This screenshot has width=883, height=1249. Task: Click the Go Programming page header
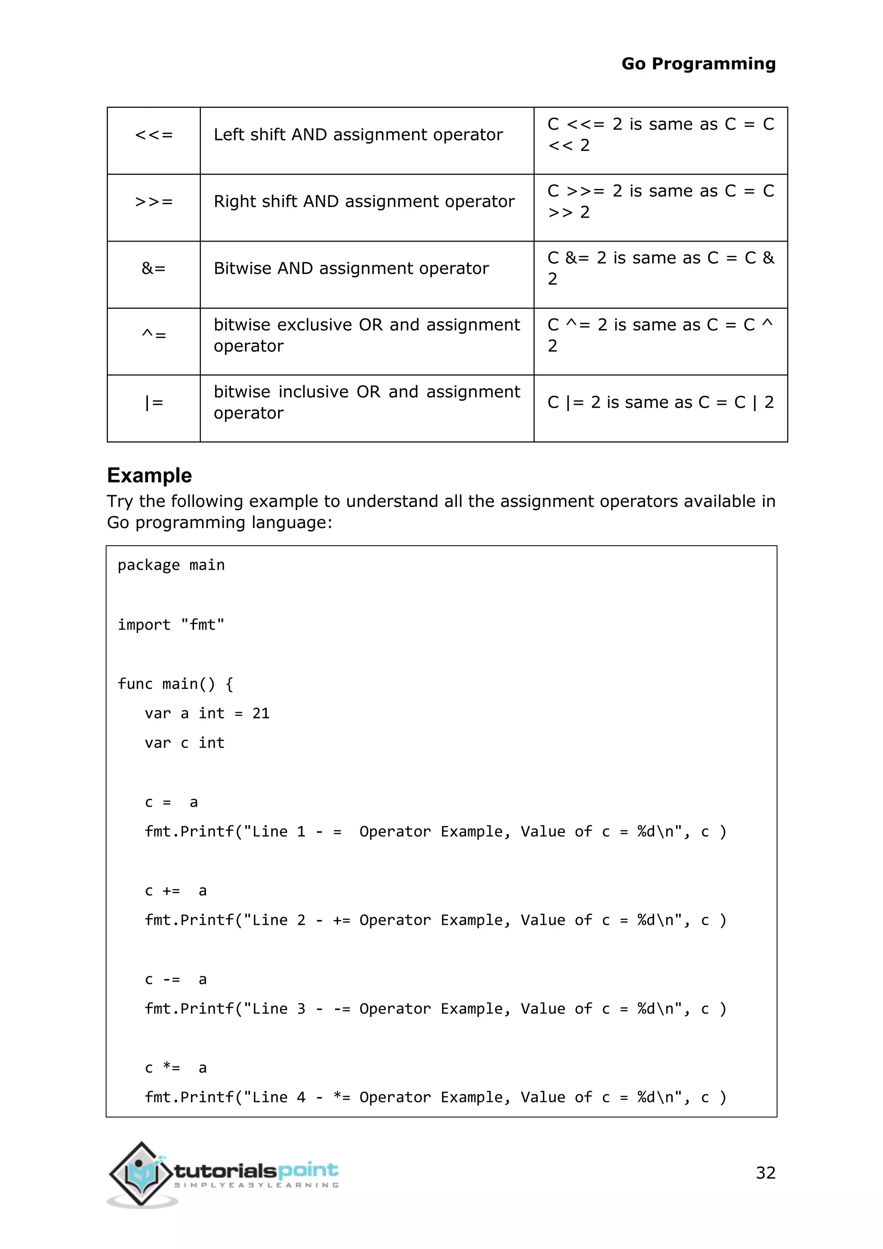pyautogui.click(x=698, y=64)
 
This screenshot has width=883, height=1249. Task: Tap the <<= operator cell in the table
pyautogui.click(x=154, y=135)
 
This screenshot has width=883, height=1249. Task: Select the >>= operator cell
pyautogui.click(x=154, y=202)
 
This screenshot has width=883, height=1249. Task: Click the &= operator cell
pyautogui.click(x=154, y=268)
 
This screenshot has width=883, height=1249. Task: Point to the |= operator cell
pyautogui.click(x=154, y=402)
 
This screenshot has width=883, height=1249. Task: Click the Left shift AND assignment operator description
pyautogui.click(x=358, y=135)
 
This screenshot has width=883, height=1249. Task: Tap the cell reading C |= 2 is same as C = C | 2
pyautogui.click(x=660, y=402)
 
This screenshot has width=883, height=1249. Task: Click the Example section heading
pyautogui.click(x=150, y=475)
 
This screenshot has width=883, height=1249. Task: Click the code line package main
pyautogui.click(x=171, y=565)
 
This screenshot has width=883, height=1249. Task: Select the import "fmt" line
pyautogui.click(x=171, y=624)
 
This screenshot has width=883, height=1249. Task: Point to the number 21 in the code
pyautogui.click(x=261, y=713)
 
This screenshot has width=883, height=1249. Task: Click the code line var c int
pyautogui.click(x=185, y=743)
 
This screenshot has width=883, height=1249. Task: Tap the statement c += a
pyautogui.click(x=175, y=891)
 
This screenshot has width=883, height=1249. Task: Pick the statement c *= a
pyautogui.click(x=175, y=1068)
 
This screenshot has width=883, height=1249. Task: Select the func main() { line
pyautogui.click(x=175, y=684)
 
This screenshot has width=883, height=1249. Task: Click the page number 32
pyautogui.click(x=765, y=1172)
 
